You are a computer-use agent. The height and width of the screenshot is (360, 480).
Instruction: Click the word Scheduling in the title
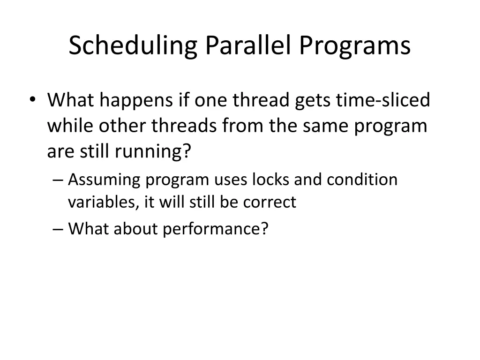coord(133,46)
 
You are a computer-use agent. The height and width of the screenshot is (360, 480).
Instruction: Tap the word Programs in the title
coord(356,46)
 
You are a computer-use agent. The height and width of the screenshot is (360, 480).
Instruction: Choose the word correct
coord(270,202)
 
